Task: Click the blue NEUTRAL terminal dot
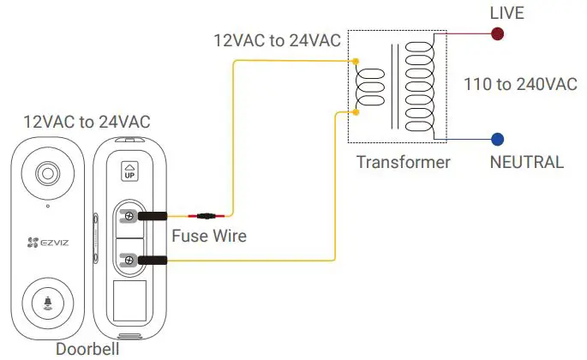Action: pos(497,139)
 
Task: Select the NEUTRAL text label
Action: pos(526,162)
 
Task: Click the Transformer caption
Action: pos(403,162)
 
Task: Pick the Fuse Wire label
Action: pos(209,235)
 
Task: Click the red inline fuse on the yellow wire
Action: pos(209,216)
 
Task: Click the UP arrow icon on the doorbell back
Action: pos(130,171)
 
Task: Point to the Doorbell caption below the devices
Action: pos(86,349)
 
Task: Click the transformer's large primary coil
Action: pos(419,86)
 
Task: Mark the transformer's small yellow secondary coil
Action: pos(368,86)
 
